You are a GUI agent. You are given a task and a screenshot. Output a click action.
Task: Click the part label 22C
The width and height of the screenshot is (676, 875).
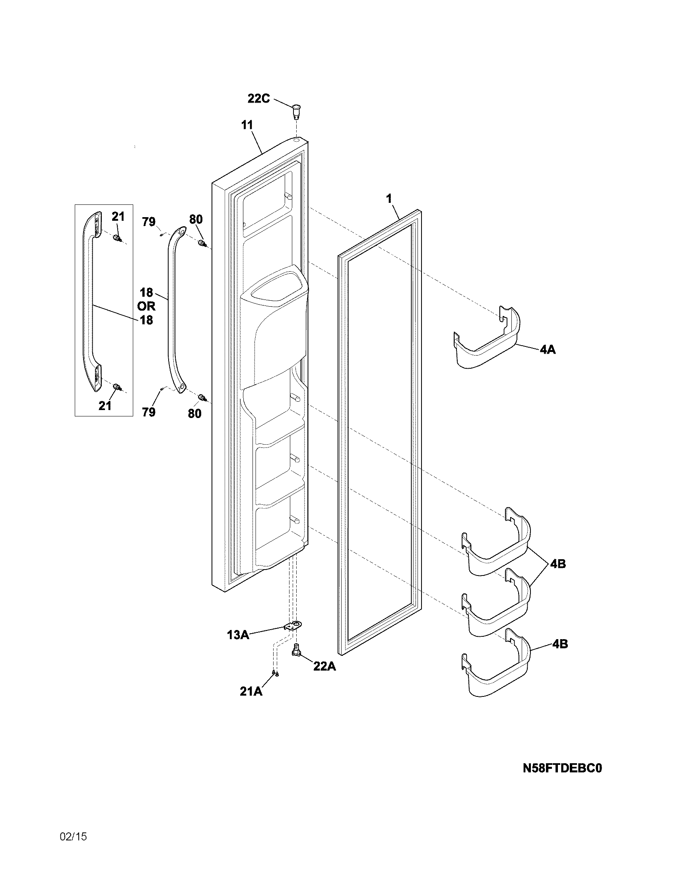coord(259,98)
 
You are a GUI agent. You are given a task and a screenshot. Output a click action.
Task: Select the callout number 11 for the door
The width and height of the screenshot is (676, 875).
coord(247,125)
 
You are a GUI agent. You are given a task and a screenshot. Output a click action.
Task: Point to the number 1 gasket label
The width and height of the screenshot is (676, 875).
coord(389,198)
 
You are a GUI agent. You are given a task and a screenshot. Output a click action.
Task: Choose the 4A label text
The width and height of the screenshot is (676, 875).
coord(548,350)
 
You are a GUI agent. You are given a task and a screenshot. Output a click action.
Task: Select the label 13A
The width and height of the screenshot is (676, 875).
coord(238,635)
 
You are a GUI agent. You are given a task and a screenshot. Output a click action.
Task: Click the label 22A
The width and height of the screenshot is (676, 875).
coord(324,667)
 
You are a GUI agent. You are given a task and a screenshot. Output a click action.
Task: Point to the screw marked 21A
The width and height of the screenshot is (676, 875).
coord(275,673)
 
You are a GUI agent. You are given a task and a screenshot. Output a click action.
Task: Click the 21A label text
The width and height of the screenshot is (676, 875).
coord(251,691)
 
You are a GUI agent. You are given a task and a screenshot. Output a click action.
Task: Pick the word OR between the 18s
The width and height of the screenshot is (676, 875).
coord(146,306)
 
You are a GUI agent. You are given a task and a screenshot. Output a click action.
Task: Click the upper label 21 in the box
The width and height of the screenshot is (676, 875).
coord(118,217)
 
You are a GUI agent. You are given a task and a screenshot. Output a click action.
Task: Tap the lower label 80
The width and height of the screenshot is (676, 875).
coord(194,414)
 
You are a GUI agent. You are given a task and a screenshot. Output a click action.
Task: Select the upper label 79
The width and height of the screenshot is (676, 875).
coord(149,222)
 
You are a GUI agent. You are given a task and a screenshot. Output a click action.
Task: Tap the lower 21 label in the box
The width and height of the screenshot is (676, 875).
coord(105,406)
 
